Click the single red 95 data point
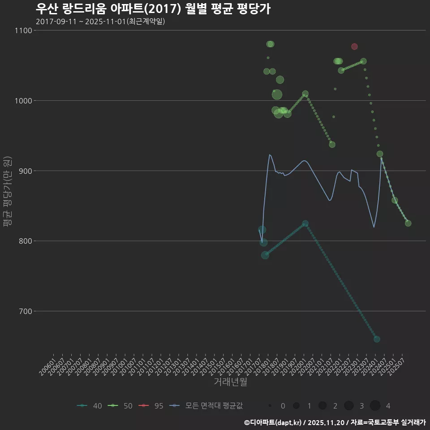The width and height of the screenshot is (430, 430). pos(354,47)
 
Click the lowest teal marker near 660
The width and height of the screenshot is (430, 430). pos(377,339)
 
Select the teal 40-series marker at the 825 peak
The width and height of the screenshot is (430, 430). pos(305,224)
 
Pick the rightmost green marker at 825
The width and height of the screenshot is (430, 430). pos(408,224)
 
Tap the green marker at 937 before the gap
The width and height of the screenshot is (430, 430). pos(332,145)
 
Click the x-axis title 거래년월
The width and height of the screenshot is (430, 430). pos(230,382)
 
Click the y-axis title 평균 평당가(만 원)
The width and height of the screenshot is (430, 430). pos(8,193)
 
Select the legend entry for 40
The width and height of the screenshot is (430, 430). pos(90,406)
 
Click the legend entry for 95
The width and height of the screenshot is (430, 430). pos(152,406)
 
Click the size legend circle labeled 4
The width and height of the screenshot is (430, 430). pos(375,406)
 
